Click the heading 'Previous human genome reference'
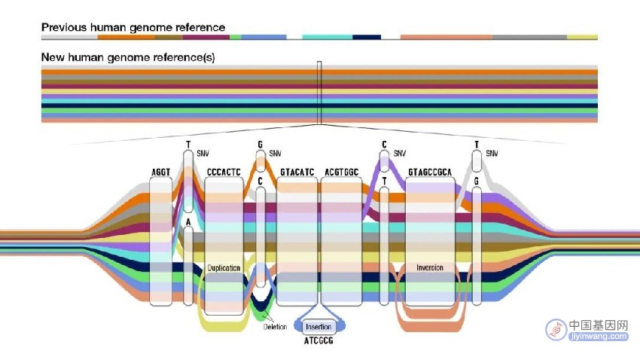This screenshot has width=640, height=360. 133,27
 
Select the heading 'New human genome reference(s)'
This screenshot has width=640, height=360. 128,57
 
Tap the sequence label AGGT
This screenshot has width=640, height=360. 161,172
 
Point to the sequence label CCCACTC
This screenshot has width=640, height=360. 224,172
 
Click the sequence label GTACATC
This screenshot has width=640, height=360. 297,172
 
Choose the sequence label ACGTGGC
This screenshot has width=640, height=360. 342,172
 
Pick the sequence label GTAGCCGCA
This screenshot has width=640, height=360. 430,172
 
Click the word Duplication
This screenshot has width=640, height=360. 224,268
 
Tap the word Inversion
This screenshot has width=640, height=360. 430,267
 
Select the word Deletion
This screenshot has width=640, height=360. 275,327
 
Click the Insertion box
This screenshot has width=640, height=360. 318,327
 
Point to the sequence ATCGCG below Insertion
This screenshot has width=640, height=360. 318,340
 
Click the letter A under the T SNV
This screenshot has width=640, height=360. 188,221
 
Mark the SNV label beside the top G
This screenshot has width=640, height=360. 275,154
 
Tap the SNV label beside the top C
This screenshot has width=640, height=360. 400,154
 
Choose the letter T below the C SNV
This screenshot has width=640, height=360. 384,182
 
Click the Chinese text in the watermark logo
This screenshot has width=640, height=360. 598,325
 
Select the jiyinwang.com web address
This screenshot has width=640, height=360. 598,337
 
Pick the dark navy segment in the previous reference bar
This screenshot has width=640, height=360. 367,37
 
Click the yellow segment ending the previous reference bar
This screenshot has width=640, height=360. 583,37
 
